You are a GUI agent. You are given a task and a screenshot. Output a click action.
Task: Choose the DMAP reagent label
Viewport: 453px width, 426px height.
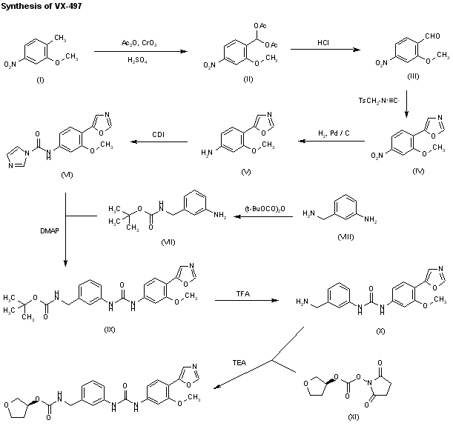50,230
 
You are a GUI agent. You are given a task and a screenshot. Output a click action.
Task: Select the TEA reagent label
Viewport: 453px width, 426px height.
239,363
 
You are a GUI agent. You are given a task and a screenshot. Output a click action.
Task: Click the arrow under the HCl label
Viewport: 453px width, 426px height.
324,50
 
